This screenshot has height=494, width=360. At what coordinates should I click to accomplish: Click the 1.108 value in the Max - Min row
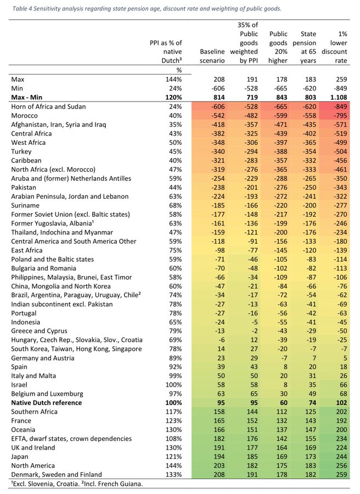point(337,97)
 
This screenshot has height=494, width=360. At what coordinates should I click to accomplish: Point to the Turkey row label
point(21,151)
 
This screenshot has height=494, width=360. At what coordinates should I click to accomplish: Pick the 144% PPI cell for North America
point(173,465)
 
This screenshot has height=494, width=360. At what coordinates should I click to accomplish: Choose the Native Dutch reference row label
point(46,403)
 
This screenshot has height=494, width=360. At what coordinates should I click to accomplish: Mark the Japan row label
point(20,457)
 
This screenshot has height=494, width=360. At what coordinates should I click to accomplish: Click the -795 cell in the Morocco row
point(339,115)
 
